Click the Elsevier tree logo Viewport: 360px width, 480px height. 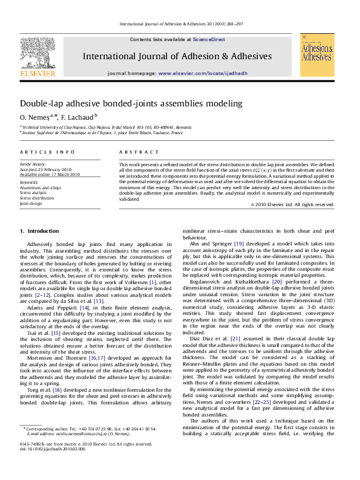pyautogui.click(x=38, y=54)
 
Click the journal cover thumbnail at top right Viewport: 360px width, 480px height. pyautogui.click(x=316, y=55)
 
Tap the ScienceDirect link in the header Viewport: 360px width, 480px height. pyautogui.click(x=209, y=39)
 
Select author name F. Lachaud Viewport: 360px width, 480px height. pyautogui.click(x=77, y=116)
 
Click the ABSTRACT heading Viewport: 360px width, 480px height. pyautogui.click(x=134, y=152)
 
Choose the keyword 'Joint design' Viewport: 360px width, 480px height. pyautogui.click(x=31, y=204)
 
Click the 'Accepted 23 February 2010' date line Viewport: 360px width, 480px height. pyautogui.click(x=45, y=169)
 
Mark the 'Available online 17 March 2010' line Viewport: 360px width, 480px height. pyautogui.click(x=50, y=174)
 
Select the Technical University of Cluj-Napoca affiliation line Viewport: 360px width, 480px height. pyautogui.click(x=106, y=128)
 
